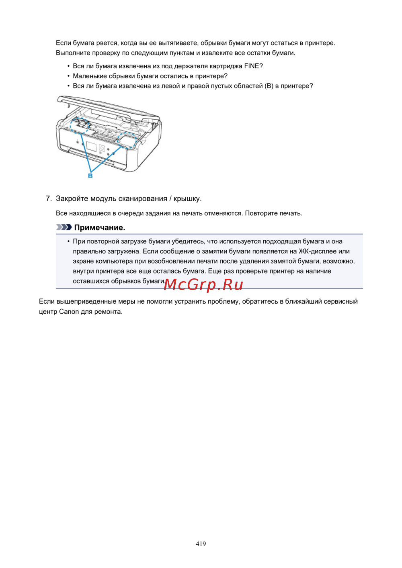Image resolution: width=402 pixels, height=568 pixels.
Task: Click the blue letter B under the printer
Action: tap(90, 176)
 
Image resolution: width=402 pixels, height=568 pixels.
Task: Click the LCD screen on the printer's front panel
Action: tap(92, 147)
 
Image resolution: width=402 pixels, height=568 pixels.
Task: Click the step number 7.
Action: tap(48, 198)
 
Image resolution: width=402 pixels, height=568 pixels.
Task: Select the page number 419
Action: tap(201, 544)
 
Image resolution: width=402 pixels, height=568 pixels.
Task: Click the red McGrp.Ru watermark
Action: tap(203, 284)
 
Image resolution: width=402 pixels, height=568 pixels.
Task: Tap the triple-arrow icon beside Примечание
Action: tap(64, 227)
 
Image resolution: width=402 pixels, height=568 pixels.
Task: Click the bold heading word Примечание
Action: tap(100, 228)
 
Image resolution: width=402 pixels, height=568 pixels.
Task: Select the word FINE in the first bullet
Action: tap(251, 66)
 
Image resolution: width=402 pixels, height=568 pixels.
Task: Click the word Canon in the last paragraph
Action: tap(69, 312)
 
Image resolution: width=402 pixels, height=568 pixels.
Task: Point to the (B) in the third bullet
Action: tap(269, 86)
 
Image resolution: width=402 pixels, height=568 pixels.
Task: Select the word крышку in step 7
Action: tap(187, 198)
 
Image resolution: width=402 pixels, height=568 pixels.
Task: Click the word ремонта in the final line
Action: tap(108, 312)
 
